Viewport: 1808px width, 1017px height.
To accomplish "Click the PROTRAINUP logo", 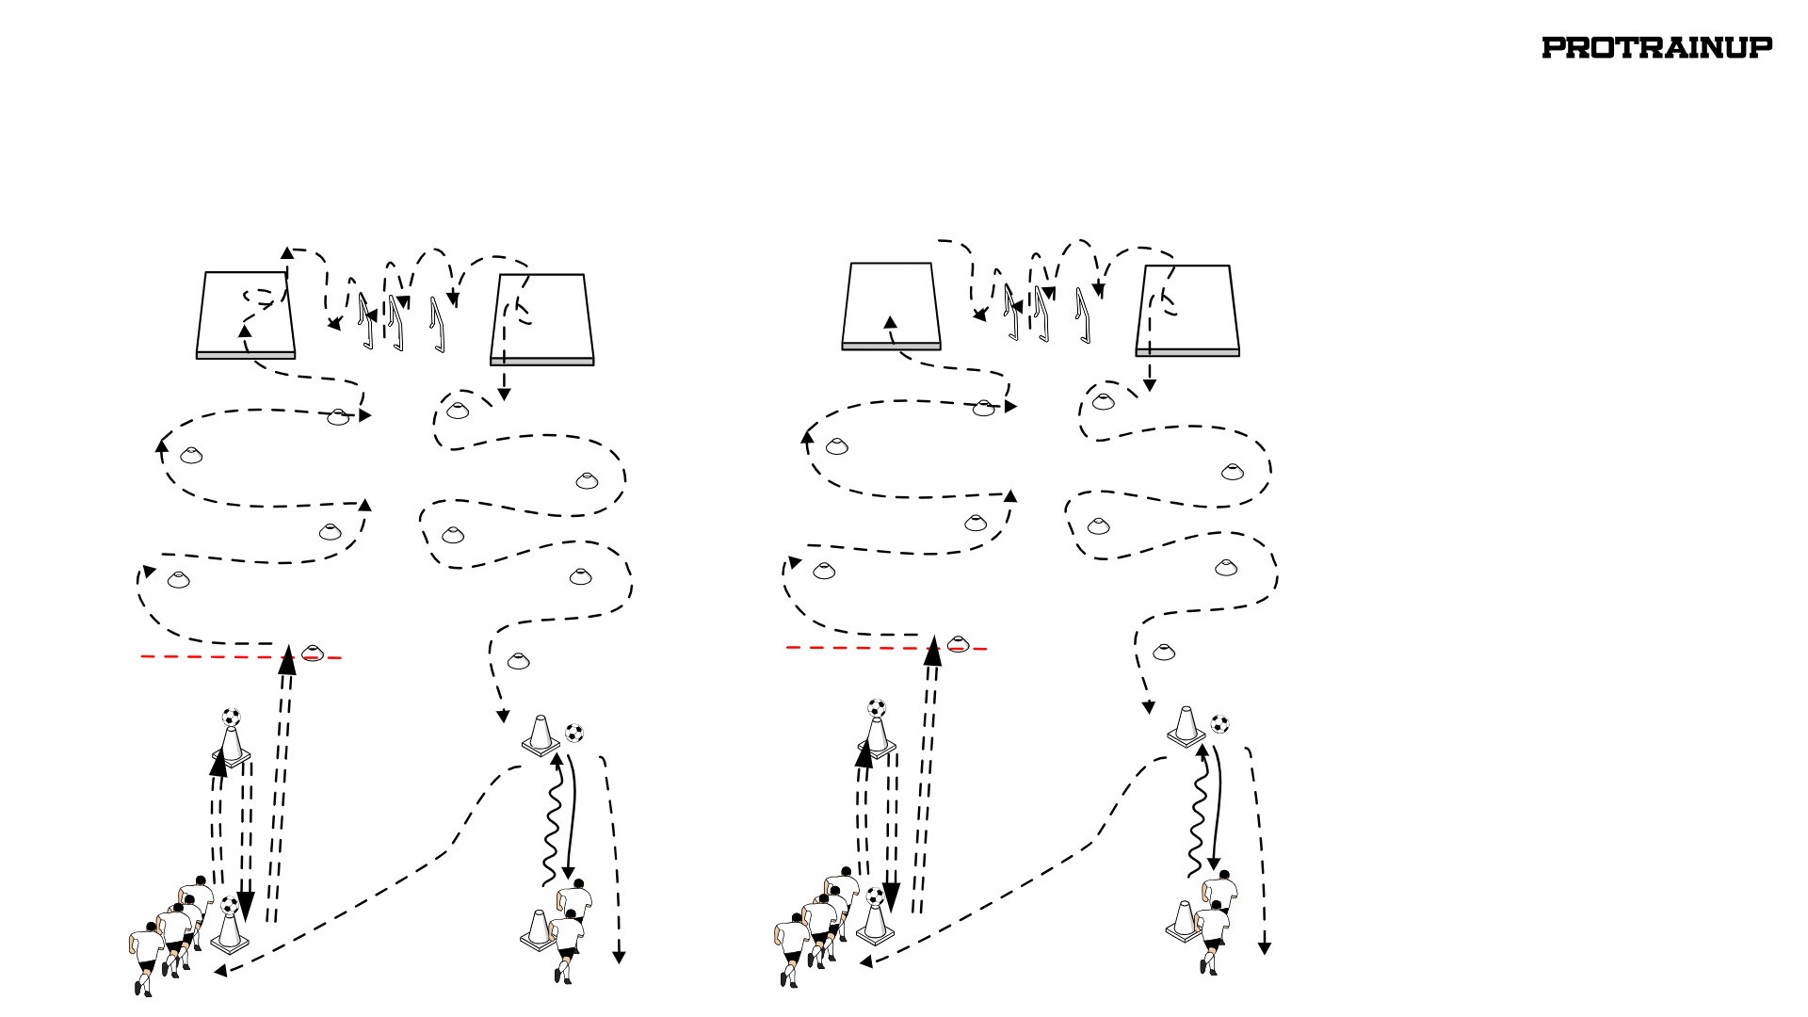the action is pyautogui.click(x=1656, y=48).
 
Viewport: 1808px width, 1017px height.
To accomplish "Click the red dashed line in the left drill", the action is pyautogui.click(x=241, y=656).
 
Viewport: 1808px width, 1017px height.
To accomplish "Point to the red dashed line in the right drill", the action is pyautogui.click(x=886, y=648).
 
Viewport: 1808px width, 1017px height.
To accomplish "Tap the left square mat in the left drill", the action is pyautogui.click(x=246, y=315).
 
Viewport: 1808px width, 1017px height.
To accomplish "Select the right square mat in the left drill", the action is pyautogui.click(x=542, y=320).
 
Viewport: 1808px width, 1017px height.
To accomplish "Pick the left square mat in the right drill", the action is pyautogui.click(x=891, y=306).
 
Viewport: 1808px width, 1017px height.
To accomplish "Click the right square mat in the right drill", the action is pyautogui.click(x=1187, y=311).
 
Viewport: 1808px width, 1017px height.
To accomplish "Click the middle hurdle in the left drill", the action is pyautogui.click(x=396, y=323).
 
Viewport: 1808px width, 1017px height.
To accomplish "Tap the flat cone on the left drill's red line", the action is pyautogui.click(x=313, y=653).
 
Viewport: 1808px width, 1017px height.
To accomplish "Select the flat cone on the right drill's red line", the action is pyautogui.click(x=958, y=644).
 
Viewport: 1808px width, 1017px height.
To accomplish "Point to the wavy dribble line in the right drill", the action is pyautogui.click(x=1197, y=811).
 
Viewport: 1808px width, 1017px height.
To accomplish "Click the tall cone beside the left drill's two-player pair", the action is pyautogui.click(x=538, y=930).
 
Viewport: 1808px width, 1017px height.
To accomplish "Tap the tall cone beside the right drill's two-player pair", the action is pyautogui.click(x=1183, y=921).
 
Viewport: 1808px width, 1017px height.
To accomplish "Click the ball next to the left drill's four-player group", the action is pyautogui.click(x=230, y=905).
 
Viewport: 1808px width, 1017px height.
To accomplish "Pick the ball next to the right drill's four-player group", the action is pyautogui.click(x=875, y=896).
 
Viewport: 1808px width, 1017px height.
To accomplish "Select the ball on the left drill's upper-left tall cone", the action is pyautogui.click(x=232, y=718).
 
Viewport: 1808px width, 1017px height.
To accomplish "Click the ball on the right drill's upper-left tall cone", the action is pyautogui.click(x=877, y=708).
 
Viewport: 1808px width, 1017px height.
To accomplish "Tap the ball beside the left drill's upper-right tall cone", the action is pyautogui.click(x=574, y=733).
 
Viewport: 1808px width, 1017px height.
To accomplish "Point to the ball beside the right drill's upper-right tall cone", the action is pyautogui.click(x=1219, y=724).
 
